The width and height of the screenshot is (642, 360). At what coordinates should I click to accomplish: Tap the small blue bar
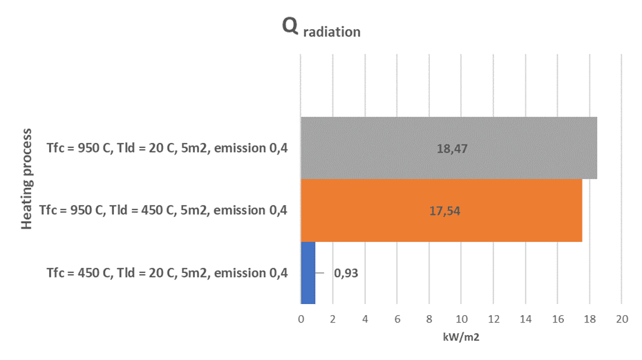308,272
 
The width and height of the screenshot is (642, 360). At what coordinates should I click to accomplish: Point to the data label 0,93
346,272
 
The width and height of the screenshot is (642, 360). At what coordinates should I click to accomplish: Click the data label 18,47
449,148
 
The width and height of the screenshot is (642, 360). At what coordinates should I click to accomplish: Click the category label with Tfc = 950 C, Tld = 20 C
167,147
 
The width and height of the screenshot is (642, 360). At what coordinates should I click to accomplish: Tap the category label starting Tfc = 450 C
167,272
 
